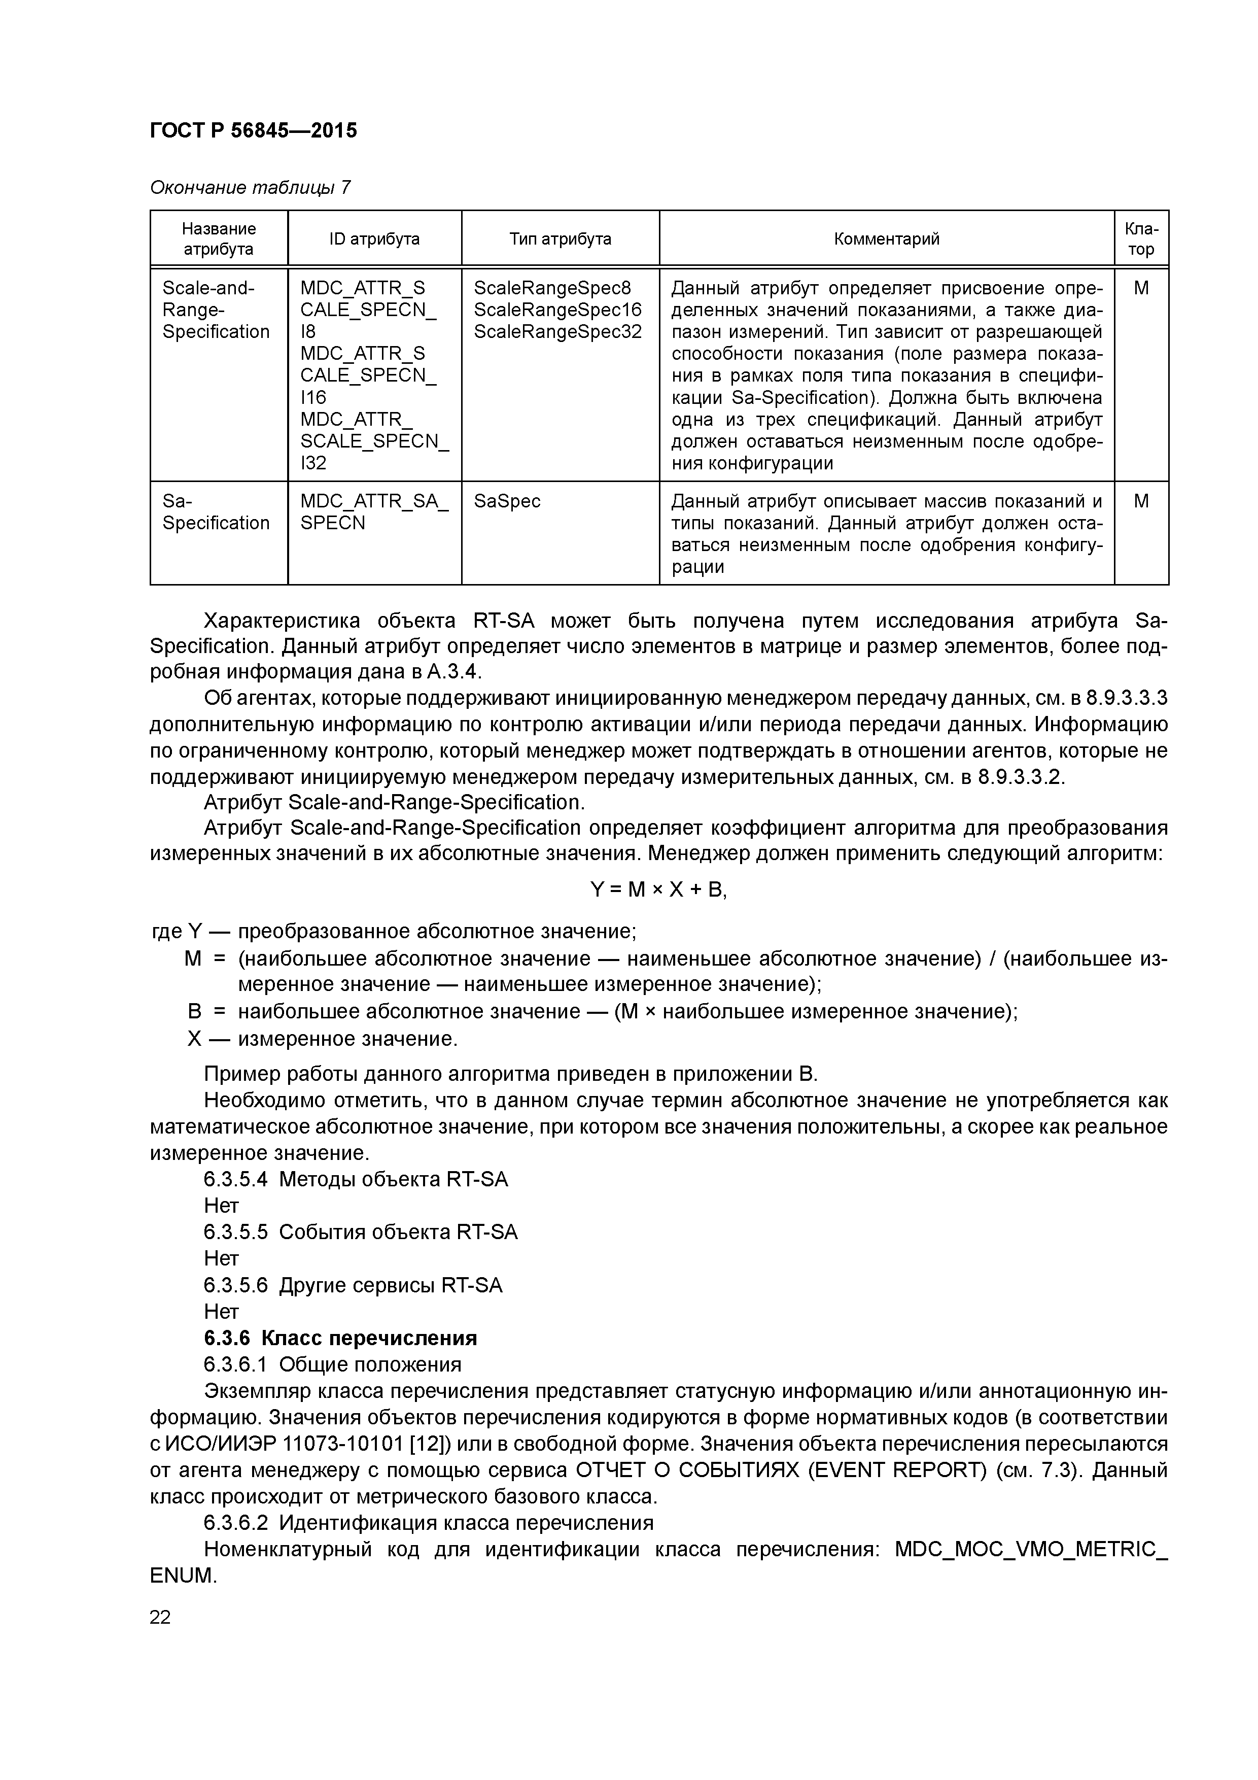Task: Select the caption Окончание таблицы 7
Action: click(x=250, y=188)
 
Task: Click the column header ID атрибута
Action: click(x=374, y=239)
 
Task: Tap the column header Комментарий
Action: click(x=886, y=239)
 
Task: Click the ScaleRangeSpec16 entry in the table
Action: click(x=557, y=310)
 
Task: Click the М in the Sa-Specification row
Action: click(x=1141, y=502)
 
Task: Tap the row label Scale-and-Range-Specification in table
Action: click(x=216, y=310)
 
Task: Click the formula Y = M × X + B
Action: click(x=659, y=890)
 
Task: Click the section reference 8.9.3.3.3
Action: click(x=1126, y=699)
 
